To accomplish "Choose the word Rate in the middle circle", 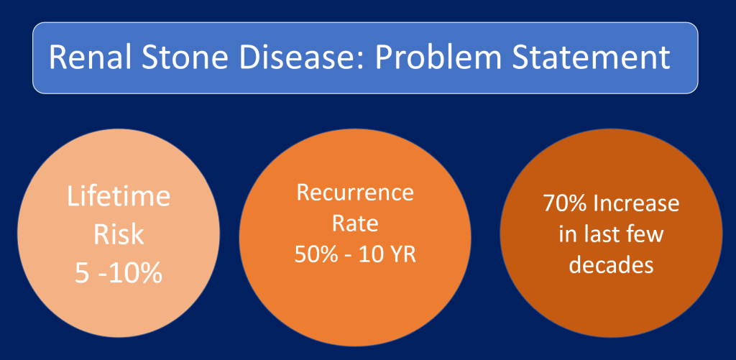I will [x=355, y=224].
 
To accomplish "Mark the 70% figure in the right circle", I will [x=564, y=203].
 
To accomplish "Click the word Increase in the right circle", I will [x=636, y=203].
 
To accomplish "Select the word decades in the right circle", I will [x=611, y=264].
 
